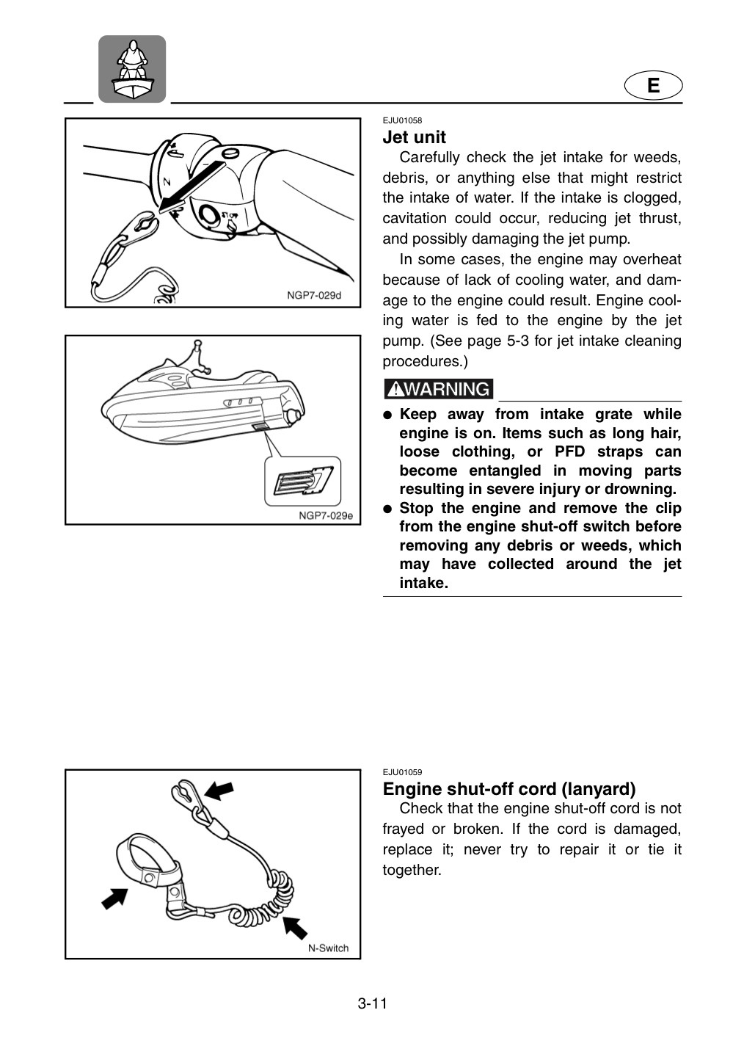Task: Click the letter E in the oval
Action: click(654, 85)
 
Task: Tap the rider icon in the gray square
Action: click(132, 69)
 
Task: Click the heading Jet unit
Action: click(414, 137)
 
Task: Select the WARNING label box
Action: click(438, 389)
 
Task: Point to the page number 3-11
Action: click(372, 1003)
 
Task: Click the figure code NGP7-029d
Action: click(314, 295)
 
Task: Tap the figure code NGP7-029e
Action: click(326, 516)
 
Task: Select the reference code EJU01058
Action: click(402, 120)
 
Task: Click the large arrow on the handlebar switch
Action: click(191, 186)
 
